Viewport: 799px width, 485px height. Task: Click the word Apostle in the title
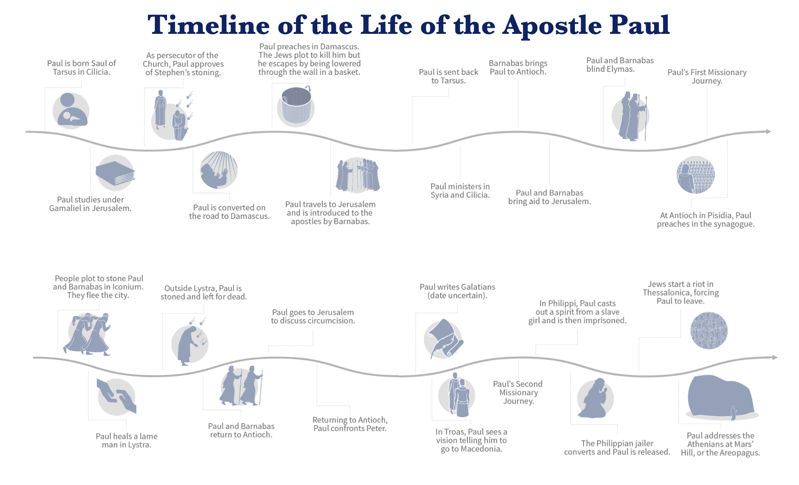552,25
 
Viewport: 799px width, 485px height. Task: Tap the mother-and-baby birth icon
71,111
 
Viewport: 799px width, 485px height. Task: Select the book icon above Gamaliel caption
115,172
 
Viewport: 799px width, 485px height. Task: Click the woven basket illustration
296,106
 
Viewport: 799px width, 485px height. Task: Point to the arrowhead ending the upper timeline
768,132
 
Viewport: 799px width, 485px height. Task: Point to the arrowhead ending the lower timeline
775,357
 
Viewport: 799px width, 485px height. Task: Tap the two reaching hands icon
116,396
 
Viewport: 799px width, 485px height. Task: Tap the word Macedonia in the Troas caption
481,449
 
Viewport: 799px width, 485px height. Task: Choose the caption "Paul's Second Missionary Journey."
518,393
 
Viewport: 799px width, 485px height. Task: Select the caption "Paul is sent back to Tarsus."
449,76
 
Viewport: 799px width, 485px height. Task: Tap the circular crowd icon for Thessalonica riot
709,330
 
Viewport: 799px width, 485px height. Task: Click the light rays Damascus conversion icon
219,170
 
